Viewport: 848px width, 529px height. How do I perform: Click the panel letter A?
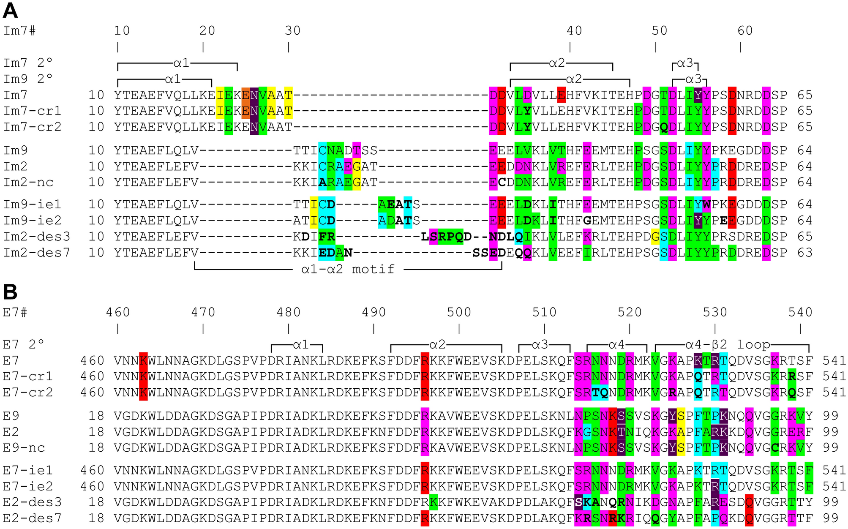(x=10, y=10)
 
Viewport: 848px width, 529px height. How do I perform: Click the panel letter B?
(x=10, y=292)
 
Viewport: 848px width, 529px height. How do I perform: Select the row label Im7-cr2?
(x=33, y=127)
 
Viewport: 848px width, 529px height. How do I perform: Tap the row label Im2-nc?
(x=28, y=182)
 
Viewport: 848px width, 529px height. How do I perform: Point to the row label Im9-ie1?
(x=33, y=205)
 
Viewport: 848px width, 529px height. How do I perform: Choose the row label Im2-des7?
(x=37, y=253)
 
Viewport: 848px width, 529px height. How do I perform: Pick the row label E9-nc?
(x=24, y=447)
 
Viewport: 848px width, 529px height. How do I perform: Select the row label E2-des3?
(x=32, y=502)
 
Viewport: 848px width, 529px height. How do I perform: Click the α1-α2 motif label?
(x=348, y=269)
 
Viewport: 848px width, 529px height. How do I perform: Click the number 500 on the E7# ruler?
(x=459, y=312)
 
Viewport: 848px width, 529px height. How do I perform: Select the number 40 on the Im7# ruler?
(x=574, y=30)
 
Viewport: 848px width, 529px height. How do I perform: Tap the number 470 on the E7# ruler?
(x=203, y=312)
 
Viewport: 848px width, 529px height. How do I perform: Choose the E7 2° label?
(x=24, y=345)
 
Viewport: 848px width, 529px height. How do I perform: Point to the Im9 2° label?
(x=28, y=79)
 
